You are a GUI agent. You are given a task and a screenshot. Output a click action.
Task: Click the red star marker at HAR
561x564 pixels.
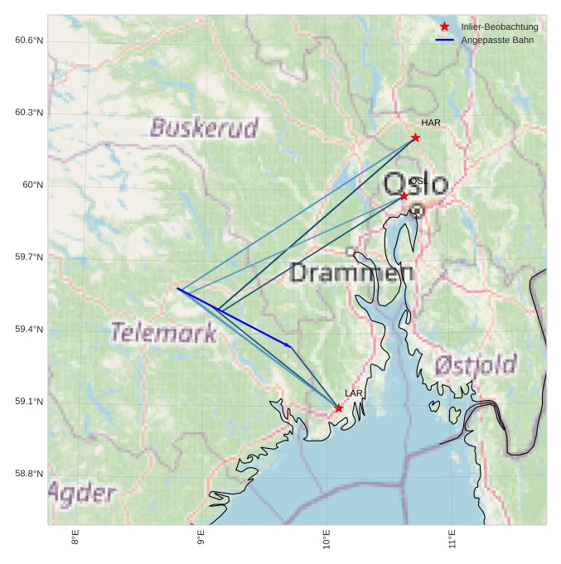click(415, 137)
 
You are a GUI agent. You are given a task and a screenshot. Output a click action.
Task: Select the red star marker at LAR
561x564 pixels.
click(338, 408)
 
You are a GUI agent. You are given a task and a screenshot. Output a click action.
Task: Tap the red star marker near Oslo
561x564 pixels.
click(404, 195)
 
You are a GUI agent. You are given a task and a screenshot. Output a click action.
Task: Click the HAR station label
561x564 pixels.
click(430, 123)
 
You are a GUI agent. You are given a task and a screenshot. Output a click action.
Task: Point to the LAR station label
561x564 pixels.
click(354, 393)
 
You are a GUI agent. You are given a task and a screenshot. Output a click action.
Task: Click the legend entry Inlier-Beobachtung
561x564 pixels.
click(499, 27)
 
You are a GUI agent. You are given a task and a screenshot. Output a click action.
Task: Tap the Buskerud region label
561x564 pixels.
click(204, 128)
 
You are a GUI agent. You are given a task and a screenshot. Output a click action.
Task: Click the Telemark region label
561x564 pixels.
click(163, 333)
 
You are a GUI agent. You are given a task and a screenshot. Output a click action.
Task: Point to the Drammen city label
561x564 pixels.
click(352, 272)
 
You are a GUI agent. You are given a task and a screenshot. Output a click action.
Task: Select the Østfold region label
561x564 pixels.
click(475, 364)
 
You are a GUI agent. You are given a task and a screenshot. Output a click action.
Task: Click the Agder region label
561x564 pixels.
click(81, 494)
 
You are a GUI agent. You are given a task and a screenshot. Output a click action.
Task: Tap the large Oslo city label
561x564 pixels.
click(416, 184)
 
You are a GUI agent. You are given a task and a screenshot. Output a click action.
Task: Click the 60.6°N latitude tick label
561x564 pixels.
click(29, 41)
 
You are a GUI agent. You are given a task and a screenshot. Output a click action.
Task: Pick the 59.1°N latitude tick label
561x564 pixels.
click(29, 402)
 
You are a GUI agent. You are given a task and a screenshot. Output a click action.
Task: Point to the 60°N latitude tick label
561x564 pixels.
click(32, 185)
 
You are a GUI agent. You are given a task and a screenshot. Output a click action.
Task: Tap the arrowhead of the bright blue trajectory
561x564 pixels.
click(288, 345)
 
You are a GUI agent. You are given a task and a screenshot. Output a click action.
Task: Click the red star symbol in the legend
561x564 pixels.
click(444, 27)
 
